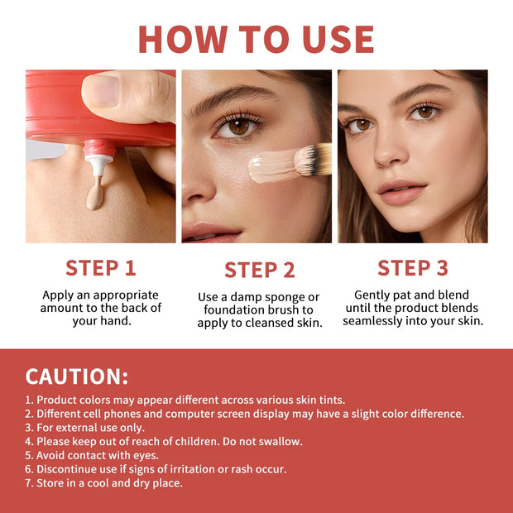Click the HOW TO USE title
point(256,39)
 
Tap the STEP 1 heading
point(100,268)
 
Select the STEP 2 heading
point(259,270)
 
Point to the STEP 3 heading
point(412,268)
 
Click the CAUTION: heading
point(77,376)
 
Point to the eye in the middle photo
point(237,127)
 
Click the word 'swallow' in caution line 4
point(280,441)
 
